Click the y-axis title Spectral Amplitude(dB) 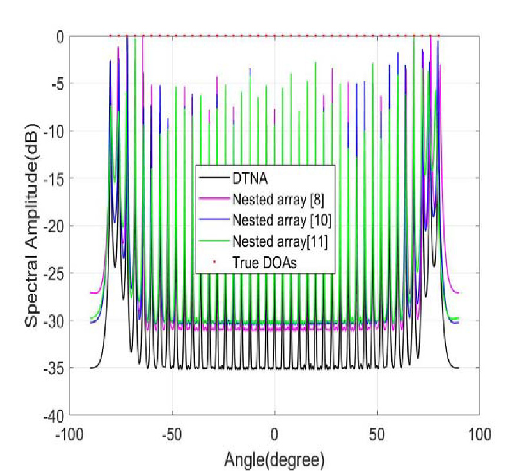[32, 225]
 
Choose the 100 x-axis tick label [479, 434]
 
